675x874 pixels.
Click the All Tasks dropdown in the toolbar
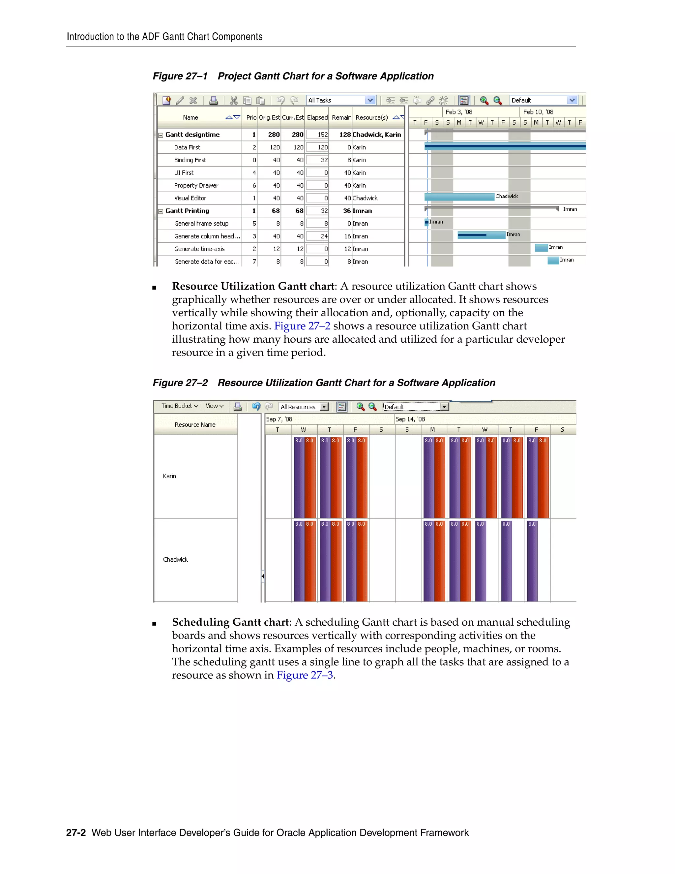[341, 100]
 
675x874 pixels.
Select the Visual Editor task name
[190, 198]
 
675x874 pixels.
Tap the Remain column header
[341, 117]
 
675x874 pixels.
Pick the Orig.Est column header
[269, 117]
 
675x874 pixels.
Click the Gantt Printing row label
[187, 211]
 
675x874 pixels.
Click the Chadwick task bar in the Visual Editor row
[459, 197]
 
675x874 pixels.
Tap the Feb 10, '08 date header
[538, 112]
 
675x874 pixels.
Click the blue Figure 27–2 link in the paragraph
[302, 326]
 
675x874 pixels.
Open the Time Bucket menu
[180, 406]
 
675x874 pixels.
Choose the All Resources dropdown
[304, 407]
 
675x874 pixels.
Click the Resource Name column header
[195, 424]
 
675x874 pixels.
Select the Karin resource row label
[169, 476]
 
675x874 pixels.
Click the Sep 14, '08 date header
[410, 419]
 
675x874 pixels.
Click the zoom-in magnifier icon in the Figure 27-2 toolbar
[360, 407]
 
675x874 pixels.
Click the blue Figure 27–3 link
[305, 675]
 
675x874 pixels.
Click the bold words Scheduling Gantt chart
[230, 622]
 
